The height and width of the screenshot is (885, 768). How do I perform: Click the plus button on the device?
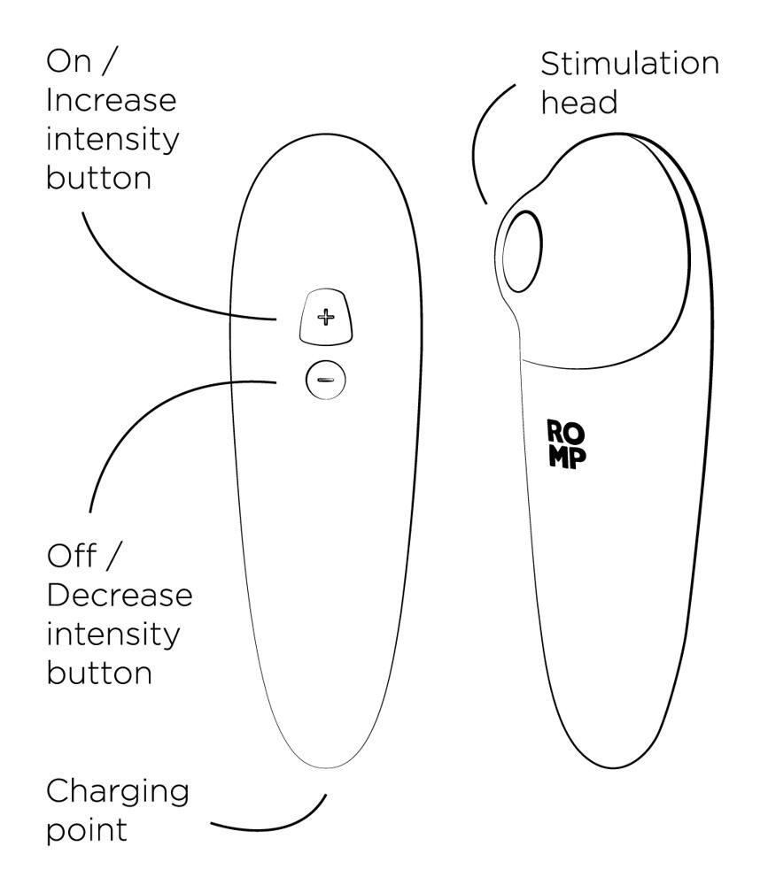pos(325,317)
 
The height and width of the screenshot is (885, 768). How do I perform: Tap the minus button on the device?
pos(325,380)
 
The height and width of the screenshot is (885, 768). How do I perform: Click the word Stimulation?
pos(630,63)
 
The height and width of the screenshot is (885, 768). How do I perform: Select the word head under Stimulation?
pos(578,102)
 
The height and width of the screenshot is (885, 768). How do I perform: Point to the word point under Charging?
pos(87,830)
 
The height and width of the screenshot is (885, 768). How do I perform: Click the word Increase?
pos(112,101)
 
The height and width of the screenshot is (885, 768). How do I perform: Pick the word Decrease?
pos(120,596)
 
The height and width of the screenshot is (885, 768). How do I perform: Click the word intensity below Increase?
pos(112,139)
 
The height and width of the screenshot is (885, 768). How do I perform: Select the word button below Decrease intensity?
pos(99,673)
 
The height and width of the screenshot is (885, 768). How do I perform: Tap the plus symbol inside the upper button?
pos(325,317)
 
